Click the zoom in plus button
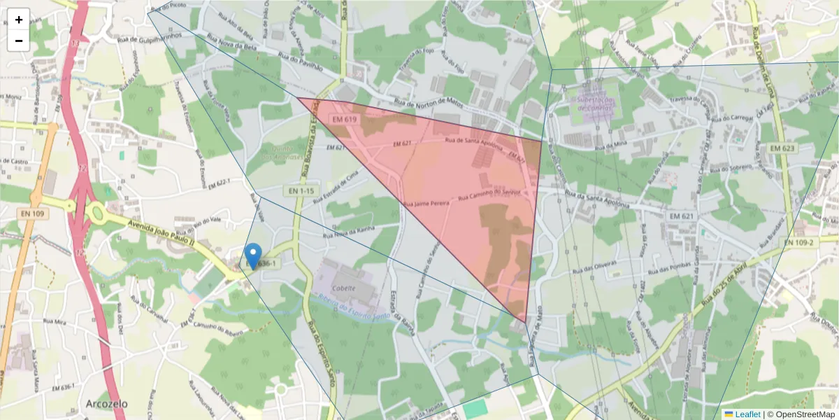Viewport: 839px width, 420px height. (x=19, y=20)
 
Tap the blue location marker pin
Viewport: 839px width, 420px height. (x=254, y=255)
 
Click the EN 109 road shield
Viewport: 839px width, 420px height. (x=33, y=213)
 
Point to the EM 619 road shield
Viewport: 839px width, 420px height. (x=345, y=120)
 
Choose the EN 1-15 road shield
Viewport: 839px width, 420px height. (x=301, y=190)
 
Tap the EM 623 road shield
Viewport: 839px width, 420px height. (x=783, y=148)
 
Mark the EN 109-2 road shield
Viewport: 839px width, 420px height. (x=797, y=242)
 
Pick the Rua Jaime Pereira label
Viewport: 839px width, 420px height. (x=426, y=203)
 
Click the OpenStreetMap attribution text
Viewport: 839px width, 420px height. (x=801, y=414)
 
